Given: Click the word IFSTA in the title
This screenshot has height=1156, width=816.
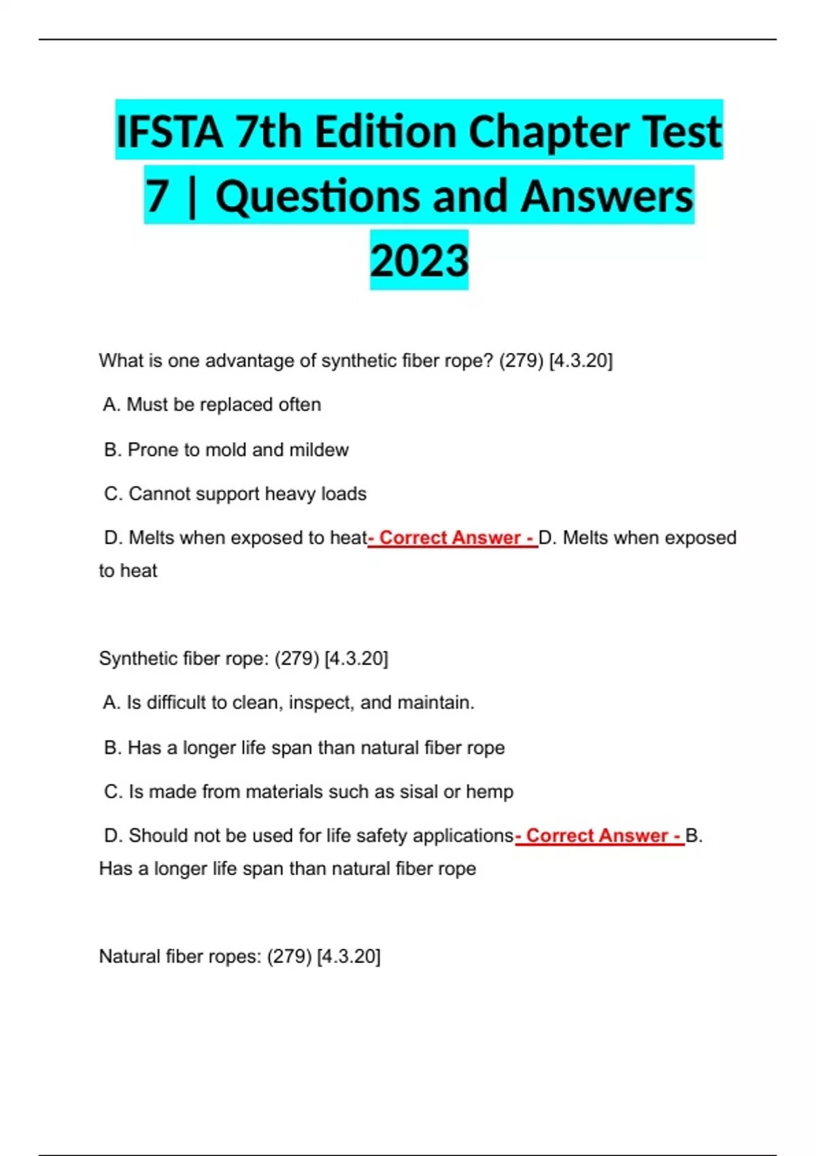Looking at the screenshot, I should (169, 131).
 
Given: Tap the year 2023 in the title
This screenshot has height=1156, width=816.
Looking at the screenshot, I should (419, 261).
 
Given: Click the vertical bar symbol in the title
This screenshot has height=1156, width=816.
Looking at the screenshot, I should (191, 197).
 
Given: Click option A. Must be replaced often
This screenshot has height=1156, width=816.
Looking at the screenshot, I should (211, 405).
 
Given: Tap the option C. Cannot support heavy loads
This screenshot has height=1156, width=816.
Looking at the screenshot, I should (235, 494).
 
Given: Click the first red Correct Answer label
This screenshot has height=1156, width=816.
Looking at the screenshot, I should (452, 538).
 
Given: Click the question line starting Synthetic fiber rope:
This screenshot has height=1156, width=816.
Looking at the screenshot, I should (243, 658).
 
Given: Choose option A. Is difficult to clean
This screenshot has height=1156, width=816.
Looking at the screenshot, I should (288, 702).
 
